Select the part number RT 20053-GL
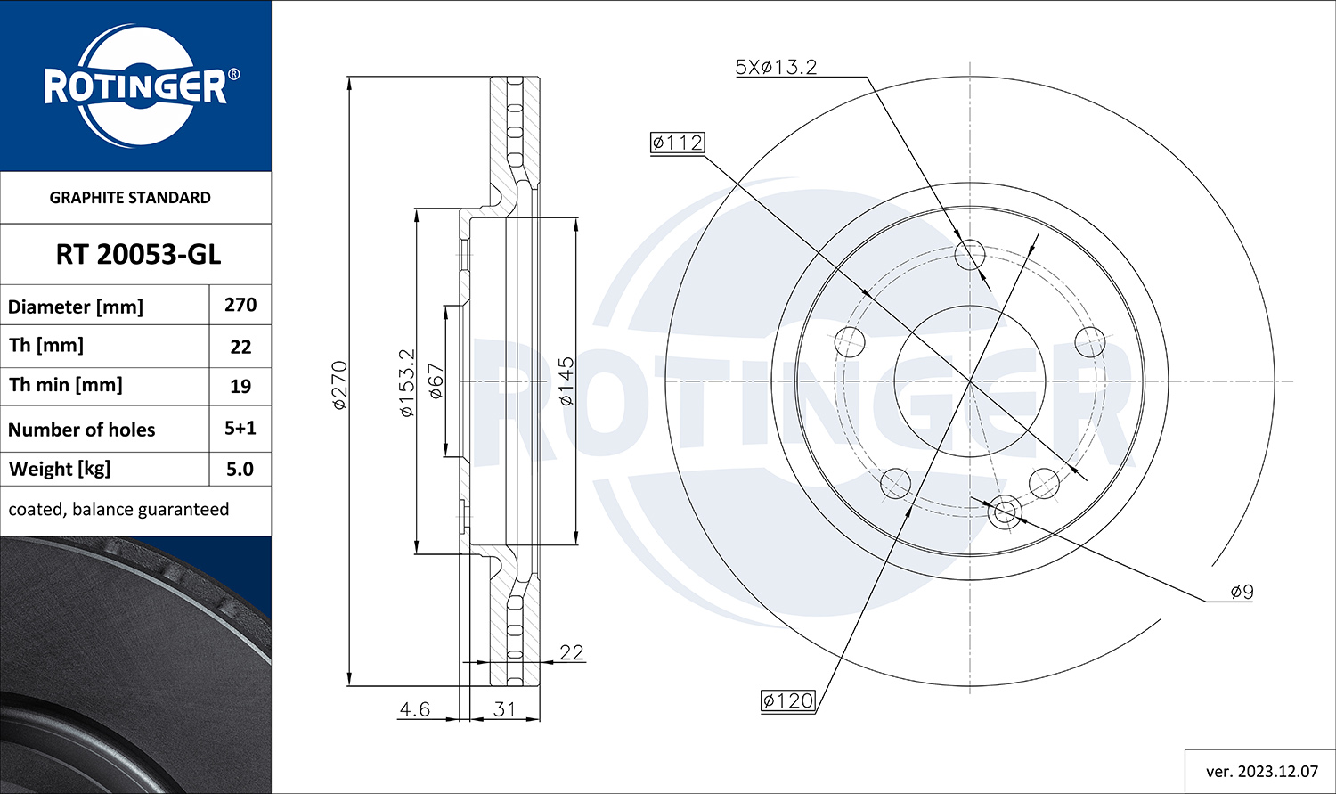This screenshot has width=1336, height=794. click(138, 255)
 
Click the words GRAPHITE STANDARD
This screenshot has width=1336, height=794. click(130, 198)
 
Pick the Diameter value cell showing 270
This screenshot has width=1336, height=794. click(240, 305)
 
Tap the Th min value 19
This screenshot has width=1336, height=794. click(240, 387)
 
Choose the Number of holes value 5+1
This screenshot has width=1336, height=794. click(240, 429)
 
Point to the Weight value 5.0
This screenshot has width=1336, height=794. click(240, 469)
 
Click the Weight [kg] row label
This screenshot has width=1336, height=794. click(60, 469)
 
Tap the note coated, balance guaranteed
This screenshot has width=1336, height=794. click(118, 510)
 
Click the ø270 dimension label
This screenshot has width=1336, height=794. click(339, 385)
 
